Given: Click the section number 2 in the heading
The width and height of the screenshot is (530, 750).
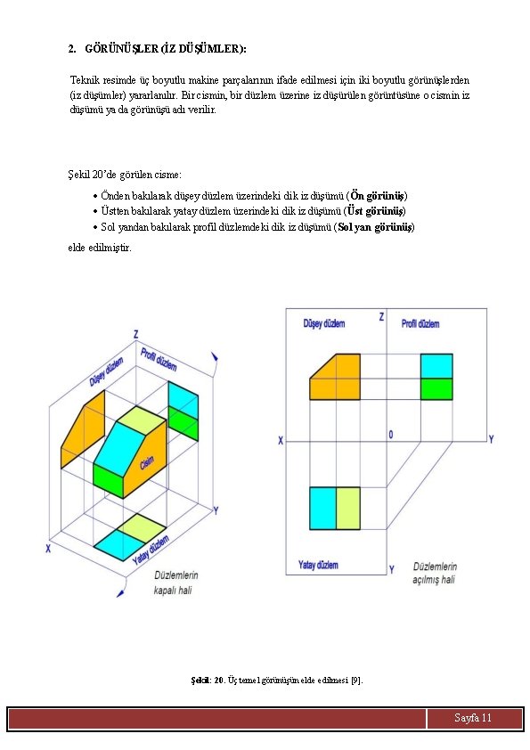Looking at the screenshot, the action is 72,49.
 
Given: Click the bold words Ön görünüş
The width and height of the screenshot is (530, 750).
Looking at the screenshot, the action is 378,196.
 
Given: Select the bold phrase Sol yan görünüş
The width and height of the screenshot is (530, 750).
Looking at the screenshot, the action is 375,227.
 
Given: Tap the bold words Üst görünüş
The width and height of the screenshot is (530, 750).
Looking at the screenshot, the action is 376,211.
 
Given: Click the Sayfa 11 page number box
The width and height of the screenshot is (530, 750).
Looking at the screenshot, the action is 474,718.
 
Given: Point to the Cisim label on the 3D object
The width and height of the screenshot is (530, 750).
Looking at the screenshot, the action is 147,462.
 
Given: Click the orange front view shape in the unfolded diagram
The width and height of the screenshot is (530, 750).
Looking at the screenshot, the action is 335,377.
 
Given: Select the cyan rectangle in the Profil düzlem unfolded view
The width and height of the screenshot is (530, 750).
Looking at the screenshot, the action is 436,366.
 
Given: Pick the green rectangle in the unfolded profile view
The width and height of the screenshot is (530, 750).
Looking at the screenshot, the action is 436,389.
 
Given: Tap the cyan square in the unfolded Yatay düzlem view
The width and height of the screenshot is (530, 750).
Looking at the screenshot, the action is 322,508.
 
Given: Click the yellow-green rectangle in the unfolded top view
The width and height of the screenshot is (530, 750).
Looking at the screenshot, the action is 348,508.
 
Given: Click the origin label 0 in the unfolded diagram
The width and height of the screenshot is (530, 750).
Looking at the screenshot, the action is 391,435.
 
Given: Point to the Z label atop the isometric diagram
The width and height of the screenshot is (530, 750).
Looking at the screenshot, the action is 136,334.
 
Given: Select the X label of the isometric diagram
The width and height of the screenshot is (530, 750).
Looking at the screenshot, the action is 48,549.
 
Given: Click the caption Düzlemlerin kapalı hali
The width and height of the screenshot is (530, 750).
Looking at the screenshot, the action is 175,583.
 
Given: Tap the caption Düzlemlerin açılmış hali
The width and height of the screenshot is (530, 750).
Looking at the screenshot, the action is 435,573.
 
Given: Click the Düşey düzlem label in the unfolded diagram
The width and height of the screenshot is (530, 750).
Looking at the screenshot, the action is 324,324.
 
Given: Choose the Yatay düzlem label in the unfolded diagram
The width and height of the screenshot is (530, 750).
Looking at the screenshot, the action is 318,565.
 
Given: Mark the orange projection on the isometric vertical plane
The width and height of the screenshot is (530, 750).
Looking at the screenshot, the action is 83,429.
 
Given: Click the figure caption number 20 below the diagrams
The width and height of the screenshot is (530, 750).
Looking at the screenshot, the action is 218,680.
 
